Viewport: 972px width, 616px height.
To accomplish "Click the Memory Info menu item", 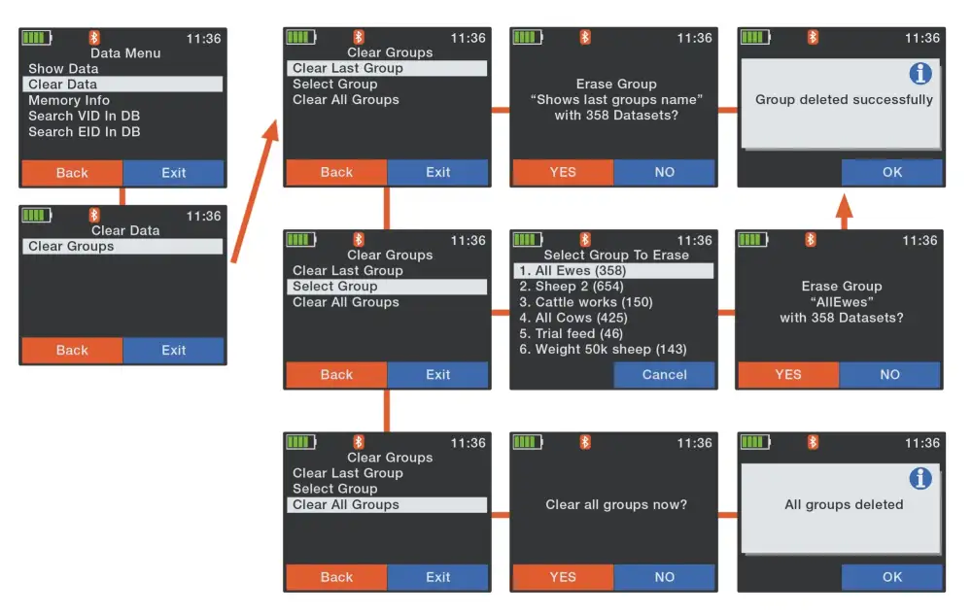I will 69,100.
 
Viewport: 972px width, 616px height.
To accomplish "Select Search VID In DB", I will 84,116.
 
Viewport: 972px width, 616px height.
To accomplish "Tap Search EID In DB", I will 84,131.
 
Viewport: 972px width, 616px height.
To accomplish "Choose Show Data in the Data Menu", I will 63,69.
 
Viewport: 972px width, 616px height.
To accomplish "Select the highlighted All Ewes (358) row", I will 613,271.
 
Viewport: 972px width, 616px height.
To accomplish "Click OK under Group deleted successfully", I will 891,172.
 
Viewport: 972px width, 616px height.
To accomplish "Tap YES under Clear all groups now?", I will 563,577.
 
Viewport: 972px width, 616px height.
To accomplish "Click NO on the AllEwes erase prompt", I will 889,374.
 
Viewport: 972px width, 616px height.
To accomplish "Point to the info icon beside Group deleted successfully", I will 920,74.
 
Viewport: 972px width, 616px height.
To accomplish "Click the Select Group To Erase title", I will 615,256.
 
